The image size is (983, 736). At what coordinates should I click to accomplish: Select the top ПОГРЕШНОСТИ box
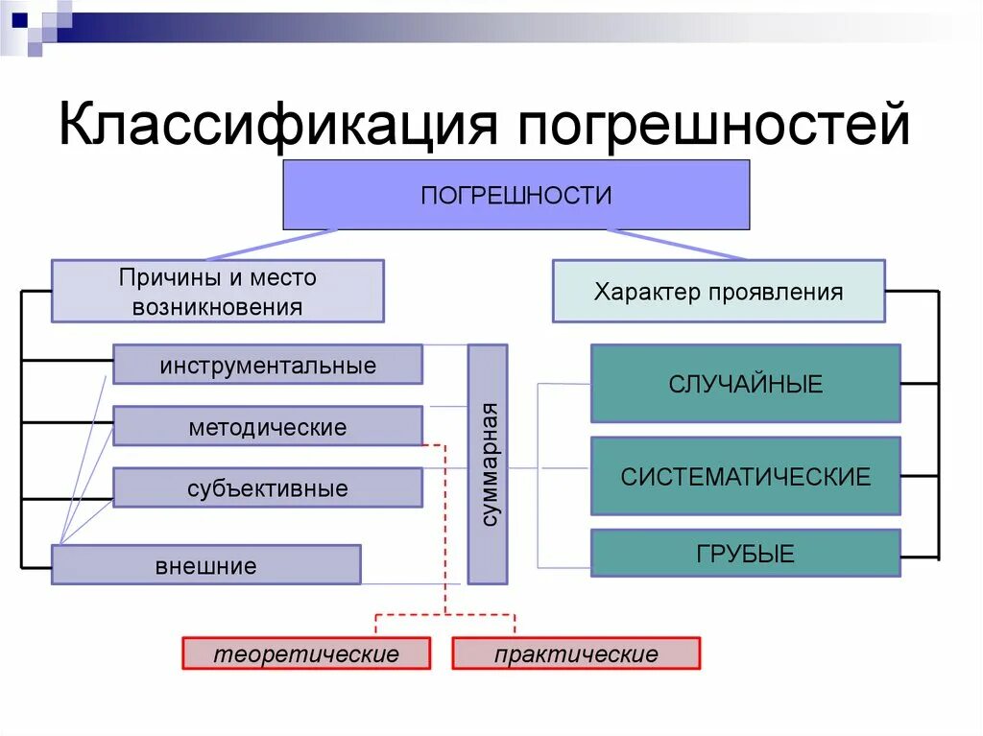coord(515,195)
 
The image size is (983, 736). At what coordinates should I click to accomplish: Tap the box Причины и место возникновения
coord(217,292)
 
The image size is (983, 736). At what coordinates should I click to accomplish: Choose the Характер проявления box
coord(718,292)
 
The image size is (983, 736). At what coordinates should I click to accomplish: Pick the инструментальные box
coord(268,365)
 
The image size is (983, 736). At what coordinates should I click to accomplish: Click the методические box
coord(268,426)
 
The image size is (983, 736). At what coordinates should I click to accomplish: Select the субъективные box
coord(268,487)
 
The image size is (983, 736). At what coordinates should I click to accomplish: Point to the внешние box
coord(205,565)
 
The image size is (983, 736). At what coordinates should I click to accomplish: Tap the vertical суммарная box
coord(488,464)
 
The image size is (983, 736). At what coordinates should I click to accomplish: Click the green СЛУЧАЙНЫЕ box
coord(745,384)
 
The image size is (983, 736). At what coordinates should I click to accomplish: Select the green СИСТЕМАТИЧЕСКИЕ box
coord(745,476)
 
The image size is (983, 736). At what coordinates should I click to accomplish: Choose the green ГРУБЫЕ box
coord(745,553)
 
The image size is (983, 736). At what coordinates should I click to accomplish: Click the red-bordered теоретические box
coord(305,654)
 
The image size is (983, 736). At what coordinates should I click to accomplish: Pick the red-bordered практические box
coord(576,654)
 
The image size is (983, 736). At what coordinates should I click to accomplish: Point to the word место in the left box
coord(283,278)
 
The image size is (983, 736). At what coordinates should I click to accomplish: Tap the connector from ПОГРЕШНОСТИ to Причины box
coord(272,245)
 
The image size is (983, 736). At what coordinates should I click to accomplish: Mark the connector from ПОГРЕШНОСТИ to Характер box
coord(677,245)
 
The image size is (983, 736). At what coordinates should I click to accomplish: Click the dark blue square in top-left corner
coord(18,16)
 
